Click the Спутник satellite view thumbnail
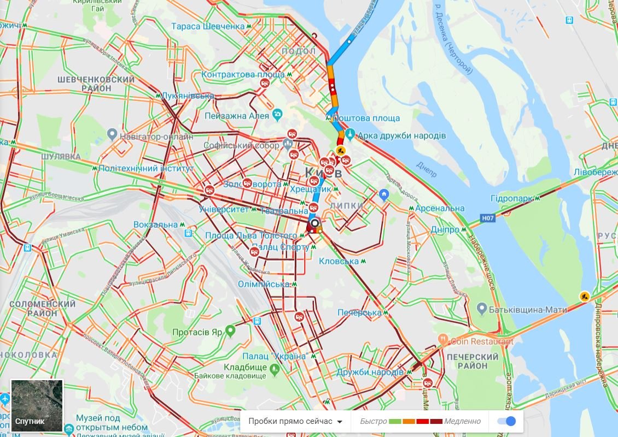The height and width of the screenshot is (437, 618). pos(37,406)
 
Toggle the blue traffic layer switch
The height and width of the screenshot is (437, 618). pos(506,421)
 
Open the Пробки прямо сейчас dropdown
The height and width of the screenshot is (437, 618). pos(295,421)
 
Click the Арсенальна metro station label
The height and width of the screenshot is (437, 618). pos(440,208)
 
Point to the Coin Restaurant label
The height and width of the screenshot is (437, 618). pos(481,341)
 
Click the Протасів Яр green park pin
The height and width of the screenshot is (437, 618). pos(230,331)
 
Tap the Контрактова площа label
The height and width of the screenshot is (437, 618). pos(243,74)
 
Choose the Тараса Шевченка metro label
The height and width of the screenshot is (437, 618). pos(208,26)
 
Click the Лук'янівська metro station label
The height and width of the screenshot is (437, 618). pos(188,96)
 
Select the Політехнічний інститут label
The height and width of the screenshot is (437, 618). pos(146,168)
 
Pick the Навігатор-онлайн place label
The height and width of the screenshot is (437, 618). pos(156,137)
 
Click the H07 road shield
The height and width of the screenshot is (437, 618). pos(488,218)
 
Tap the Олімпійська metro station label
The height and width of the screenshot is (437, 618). pos(264,284)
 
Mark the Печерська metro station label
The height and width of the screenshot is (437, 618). pos(359,312)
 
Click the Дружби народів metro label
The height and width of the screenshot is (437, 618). pos(370,372)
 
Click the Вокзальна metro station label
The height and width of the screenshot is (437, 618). pos(156,225)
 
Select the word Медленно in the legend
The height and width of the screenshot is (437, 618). pos(462,421)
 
